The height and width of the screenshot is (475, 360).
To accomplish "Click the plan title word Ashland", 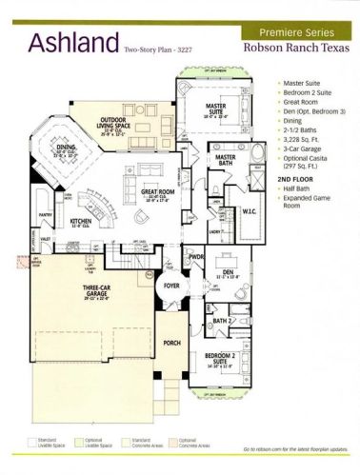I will pos(71,42).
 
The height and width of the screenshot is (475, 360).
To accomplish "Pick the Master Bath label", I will pos(225,157).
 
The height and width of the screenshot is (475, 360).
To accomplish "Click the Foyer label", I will pos(171,283).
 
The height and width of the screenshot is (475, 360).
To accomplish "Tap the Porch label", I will pos(172,344).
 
